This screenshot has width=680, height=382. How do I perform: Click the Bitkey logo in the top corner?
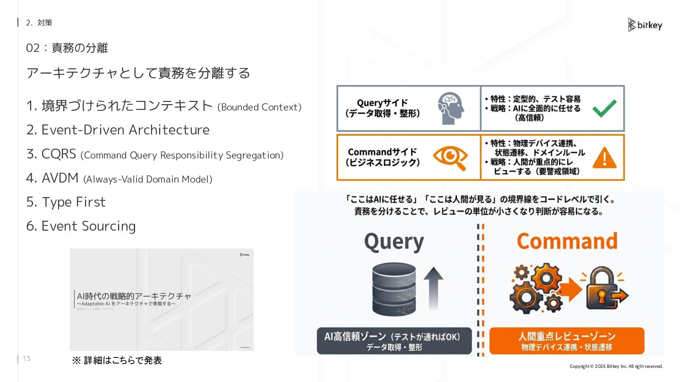pyautogui.click(x=645, y=25)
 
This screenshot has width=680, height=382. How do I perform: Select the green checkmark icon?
pyautogui.click(x=604, y=108)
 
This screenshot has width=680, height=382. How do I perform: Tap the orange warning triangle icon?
pyautogui.click(x=604, y=158)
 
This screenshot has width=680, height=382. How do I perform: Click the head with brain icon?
pyautogui.click(x=450, y=108)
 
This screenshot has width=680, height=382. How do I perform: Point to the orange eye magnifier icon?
pyautogui.click(x=450, y=158)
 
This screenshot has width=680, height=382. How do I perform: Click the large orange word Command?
pyautogui.click(x=567, y=241)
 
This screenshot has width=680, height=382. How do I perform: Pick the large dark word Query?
pyautogui.click(x=394, y=242)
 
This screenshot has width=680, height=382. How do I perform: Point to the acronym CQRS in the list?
pyautogui.click(x=59, y=154)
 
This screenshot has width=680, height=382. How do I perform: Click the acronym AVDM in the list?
pyautogui.click(x=60, y=178)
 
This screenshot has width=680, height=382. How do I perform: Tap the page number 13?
pyautogui.click(x=26, y=359)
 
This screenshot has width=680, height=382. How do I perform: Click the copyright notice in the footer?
pyautogui.click(x=616, y=366)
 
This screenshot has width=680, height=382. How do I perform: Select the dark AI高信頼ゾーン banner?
pyautogui.click(x=394, y=341)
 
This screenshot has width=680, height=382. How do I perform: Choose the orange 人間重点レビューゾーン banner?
pyautogui.click(x=567, y=341)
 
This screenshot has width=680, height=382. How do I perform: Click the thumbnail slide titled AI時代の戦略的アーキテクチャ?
pyautogui.click(x=161, y=299)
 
